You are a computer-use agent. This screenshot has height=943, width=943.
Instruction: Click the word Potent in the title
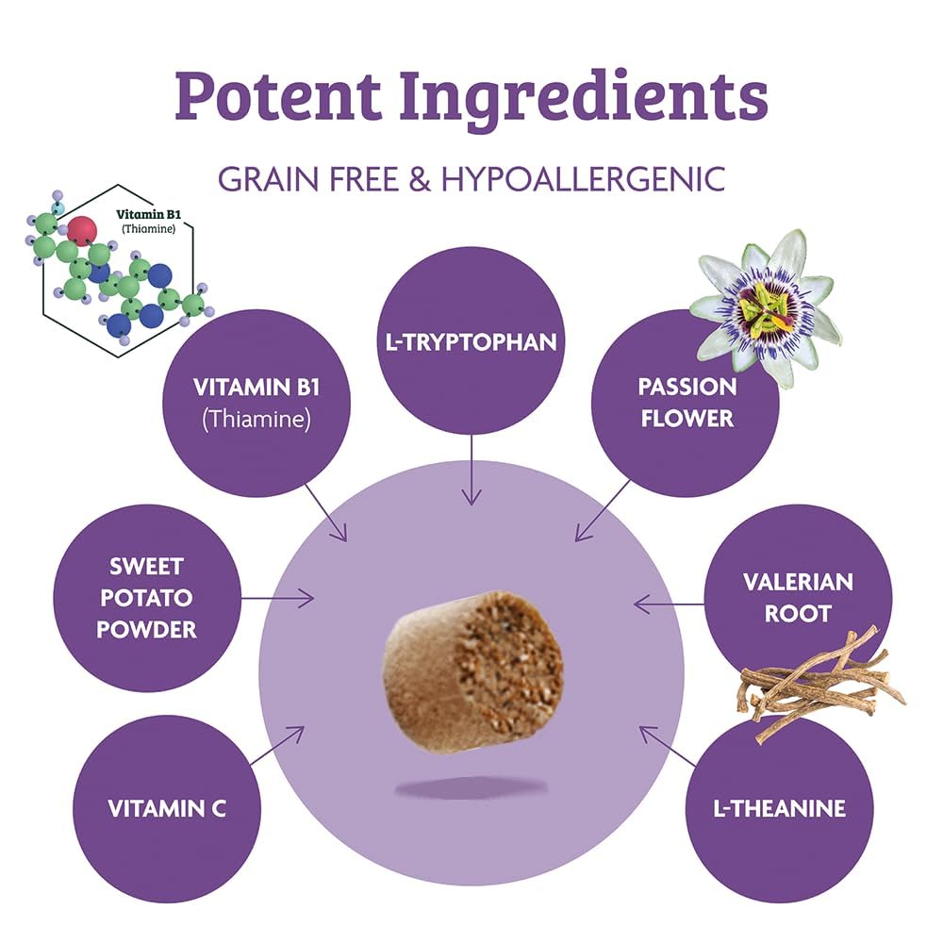(278, 95)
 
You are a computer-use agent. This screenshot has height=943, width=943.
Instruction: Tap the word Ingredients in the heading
(584, 100)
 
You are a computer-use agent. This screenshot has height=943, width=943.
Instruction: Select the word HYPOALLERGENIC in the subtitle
(584, 178)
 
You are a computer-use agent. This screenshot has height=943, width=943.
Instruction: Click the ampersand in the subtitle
(420, 178)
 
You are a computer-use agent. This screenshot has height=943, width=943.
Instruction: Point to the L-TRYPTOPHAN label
(471, 341)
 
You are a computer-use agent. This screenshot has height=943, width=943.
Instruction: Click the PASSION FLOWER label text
(687, 403)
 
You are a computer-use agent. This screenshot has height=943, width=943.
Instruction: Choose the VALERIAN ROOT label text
(798, 597)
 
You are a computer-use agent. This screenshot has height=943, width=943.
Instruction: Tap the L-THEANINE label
(780, 808)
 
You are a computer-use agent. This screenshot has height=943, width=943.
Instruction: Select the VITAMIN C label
(167, 808)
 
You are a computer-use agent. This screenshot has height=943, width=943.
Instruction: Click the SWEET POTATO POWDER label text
(147, 597)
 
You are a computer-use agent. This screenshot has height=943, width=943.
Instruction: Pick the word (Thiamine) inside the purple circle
(256, 419)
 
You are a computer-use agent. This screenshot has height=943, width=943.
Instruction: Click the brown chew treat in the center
(473, 671)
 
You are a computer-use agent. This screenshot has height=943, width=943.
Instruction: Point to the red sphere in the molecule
(82, 230)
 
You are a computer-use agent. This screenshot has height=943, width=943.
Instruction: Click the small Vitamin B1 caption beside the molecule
(148, 221)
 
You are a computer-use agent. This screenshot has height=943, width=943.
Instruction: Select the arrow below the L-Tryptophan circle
(471, 470)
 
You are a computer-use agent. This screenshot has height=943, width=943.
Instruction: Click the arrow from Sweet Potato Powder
(277, 599)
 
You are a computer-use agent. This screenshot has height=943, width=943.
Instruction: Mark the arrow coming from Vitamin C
(277, 746)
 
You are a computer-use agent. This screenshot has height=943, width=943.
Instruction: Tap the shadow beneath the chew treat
(471, 787)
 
